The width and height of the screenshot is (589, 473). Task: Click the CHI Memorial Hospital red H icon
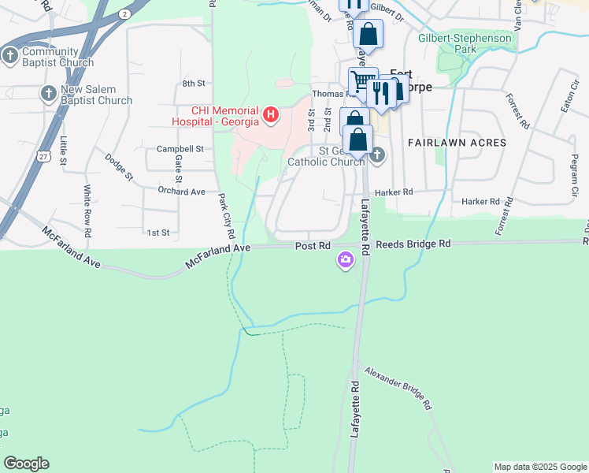pyautogui.click(x=272, y=116)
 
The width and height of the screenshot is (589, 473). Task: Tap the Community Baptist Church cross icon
pyautogui.click(x=10, y=55)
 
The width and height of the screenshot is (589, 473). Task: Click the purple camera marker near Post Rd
pyautogui.click(x=346, y=260)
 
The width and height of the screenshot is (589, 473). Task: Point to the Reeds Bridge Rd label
pyautogui.click(x=413, y=245)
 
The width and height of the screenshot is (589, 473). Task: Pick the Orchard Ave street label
pyautogui.click(x=180, y=192)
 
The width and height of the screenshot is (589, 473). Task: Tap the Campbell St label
pyautogui.click(x=180, y=148)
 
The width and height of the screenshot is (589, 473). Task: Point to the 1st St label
pyautogui.click(x=158, y=233)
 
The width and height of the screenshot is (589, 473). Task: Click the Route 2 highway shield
pyautogui.click(x=124, y=14)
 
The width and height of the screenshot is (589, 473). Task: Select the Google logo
pyautogui.click(x=26, y=464)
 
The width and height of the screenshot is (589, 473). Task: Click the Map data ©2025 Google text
pyautogui.click(x=539, y=467)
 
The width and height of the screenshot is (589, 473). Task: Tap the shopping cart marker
pyautogui.click(x=362, y=80)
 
